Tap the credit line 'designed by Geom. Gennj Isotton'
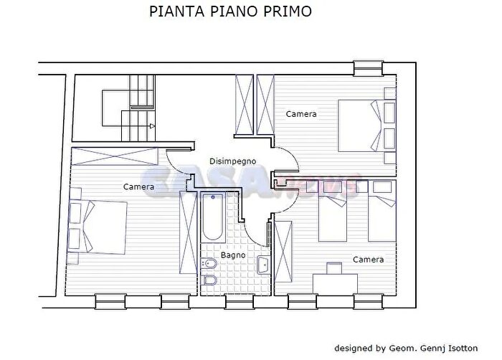[414, 349]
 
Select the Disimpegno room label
[232, 161]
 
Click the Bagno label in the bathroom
[233, 255]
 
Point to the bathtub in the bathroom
[212, 218]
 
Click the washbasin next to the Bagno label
[262, 266]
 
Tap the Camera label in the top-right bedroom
[301, 114]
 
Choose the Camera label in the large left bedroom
[138, 186]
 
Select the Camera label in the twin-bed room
[367, 259]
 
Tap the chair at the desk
[334, 269]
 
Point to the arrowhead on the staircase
[152, 125]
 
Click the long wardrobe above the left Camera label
[115, 156]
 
